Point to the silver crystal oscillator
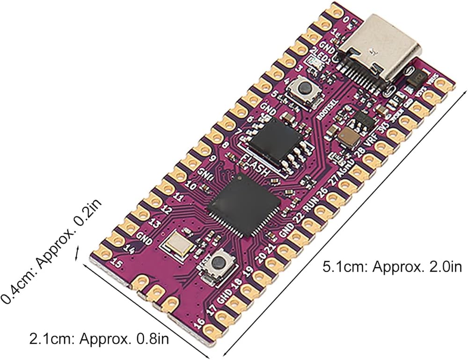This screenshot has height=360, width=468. [x=178, y=244]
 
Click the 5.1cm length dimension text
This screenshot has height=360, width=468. [x=392, y=268]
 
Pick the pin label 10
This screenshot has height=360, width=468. [x=190, y=186]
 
